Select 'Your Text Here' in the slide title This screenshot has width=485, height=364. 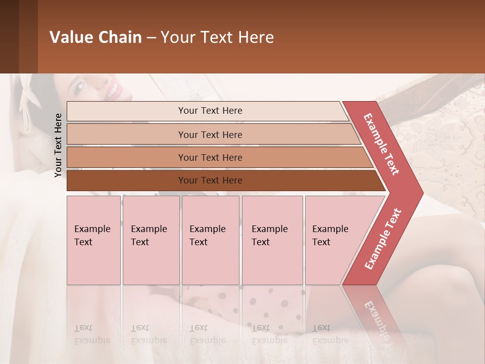click(217, 37)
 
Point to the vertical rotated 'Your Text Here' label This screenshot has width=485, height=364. click(58, 145)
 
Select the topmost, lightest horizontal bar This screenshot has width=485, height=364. click(210, 111)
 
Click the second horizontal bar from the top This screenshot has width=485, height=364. click(210, 134)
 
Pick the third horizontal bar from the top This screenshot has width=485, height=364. click(210, 157)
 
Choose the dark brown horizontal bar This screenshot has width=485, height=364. click(210, 180)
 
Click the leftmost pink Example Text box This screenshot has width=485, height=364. click(93, 240)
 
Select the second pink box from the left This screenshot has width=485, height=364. click(151, 240)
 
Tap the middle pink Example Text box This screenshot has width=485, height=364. click(210, 240)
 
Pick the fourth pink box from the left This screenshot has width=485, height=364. click(272, 240)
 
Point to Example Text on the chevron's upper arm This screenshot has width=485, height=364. click(381, 144)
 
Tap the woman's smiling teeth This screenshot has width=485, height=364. click(114, 91)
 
